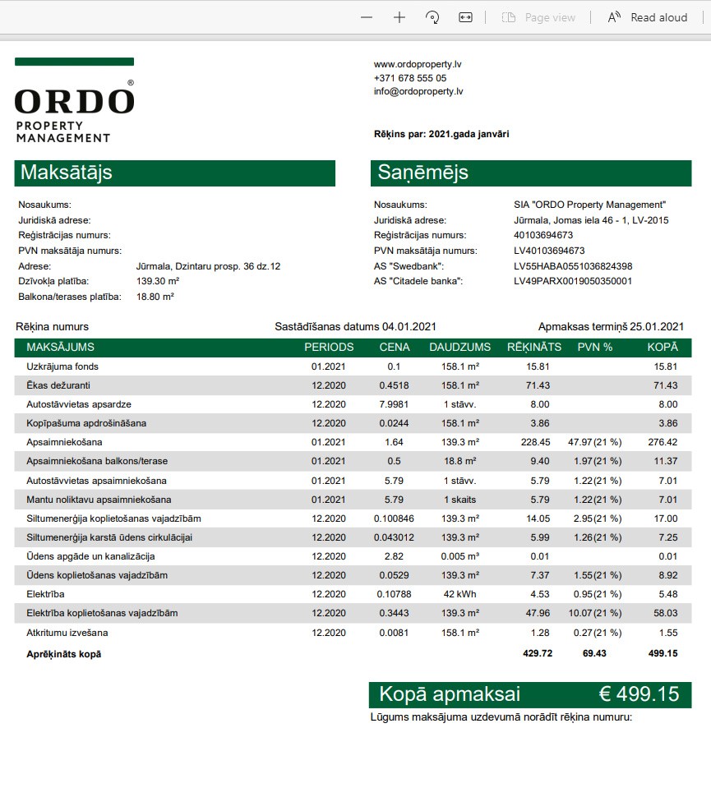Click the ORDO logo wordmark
[x=74, y=101]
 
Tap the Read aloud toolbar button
[x=648, y=17]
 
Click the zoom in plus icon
[x=399, y=17]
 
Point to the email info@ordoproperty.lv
[x=418, y=92]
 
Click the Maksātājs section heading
[x=67, y=173]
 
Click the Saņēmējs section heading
[x=422, y=173]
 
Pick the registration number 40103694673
[x=543, y=235]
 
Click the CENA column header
[x=395, y=348]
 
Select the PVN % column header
[x=595, y=348]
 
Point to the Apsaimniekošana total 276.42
[x=663, y=442]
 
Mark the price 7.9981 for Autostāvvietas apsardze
[x=395, y=404]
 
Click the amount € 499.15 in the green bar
[x=639, y=694]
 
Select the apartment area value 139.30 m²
[x=158, y=281]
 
